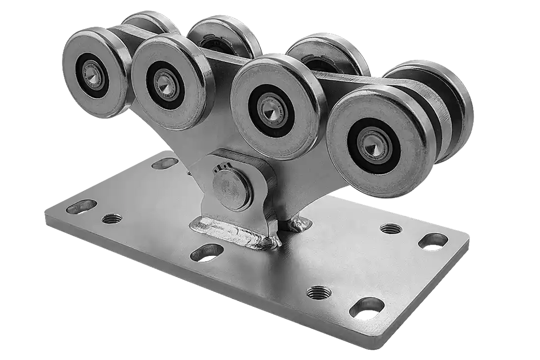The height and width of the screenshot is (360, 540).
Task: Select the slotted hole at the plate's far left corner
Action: (x=81, y=207)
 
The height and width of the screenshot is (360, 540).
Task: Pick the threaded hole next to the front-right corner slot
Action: (x=319, y=293)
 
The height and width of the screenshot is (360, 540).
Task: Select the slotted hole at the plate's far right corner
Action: (x=433, y=241)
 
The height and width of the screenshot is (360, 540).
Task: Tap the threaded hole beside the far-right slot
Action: (x=390, y=228)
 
